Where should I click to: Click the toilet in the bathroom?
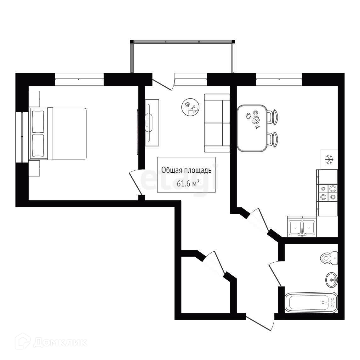tap(329, 258)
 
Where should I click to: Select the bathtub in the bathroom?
tap(311, 302)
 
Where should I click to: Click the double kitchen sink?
tap(302, 226)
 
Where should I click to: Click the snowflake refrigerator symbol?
tap(329, 159)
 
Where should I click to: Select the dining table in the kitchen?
tap(252, 128)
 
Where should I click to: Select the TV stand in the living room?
tap(152, 123)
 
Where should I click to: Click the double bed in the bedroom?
tap(58, 134)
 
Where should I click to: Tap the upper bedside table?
tap(34, 99)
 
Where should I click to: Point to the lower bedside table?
tap(34, 169)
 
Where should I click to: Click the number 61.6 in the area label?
tap(184, 184)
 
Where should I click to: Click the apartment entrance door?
tap(260, 323)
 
